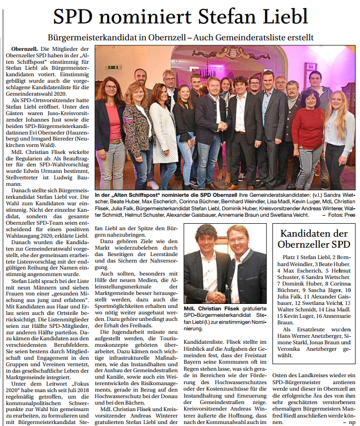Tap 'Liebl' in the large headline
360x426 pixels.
click(285, 17)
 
